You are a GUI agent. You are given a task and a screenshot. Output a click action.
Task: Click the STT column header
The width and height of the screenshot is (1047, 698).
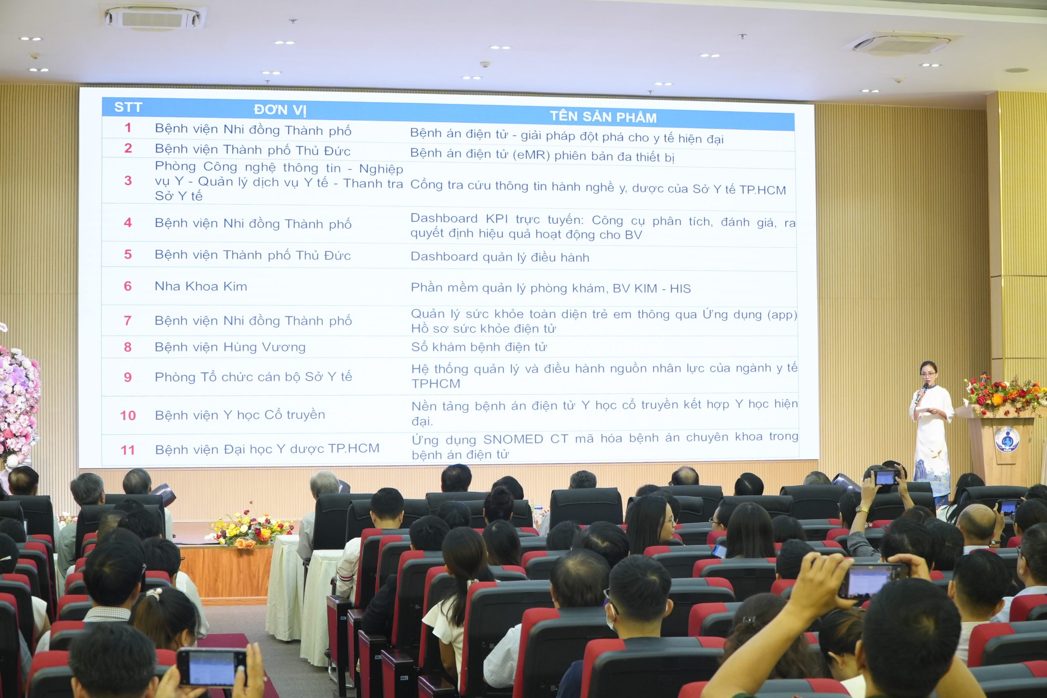click(x=128, y=107)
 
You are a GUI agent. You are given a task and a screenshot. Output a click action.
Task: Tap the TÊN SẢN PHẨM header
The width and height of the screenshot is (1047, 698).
click(x=603, y=117)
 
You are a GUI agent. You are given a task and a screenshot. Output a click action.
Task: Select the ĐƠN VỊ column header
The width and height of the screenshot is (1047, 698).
click(x=280, y=110)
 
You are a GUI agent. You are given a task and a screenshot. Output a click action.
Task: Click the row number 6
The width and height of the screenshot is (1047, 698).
click(x=128, y=286)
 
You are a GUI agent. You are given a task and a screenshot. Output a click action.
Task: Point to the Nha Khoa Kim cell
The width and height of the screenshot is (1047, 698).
click(x=201, y=286)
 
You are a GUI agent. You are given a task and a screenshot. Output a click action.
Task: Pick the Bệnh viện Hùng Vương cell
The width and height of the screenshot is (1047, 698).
click(x=230, y=347)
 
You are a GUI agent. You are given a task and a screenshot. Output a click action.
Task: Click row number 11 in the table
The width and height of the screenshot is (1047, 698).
click(x=128, y=450)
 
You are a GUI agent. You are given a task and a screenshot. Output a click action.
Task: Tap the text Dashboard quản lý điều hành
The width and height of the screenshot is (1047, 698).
click(x=500, y=257)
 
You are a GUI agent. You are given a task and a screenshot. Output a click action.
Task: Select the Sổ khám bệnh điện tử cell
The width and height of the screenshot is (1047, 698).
click(x=479, y=347)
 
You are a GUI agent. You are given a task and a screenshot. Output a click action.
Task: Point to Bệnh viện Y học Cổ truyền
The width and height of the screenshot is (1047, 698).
click(x=240, y=415)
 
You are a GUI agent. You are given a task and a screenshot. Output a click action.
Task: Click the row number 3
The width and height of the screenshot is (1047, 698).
click(x=128, y=181)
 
